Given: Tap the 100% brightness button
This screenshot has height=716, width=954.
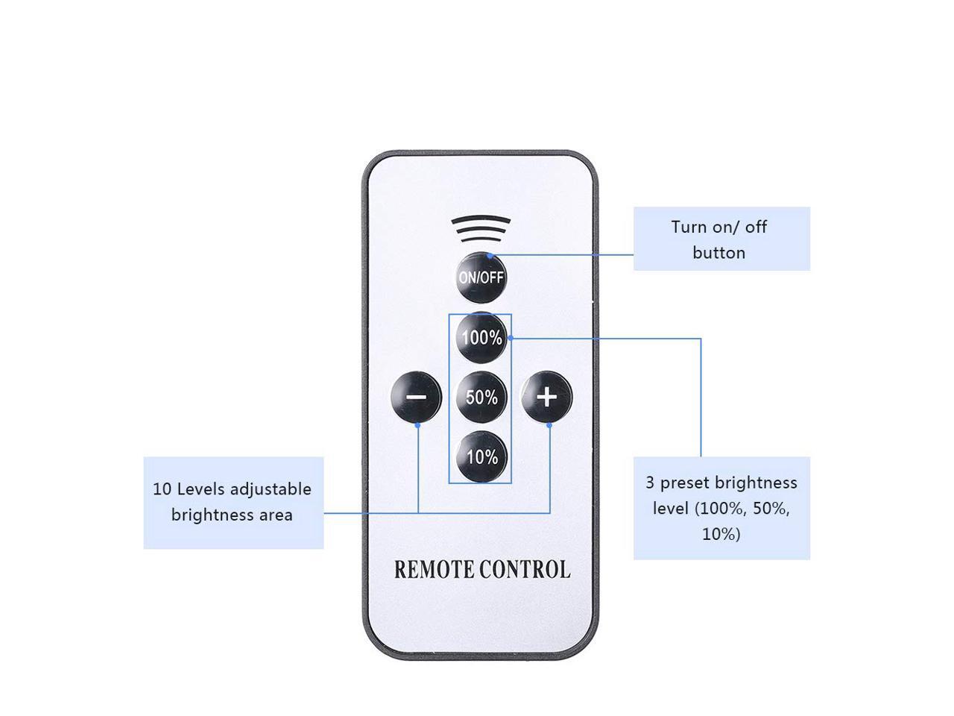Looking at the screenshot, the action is (x=481, y=338).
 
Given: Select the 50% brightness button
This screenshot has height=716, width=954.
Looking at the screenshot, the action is (x=481, y=397).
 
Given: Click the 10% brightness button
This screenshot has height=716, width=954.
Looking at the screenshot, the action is (x=481, y=456).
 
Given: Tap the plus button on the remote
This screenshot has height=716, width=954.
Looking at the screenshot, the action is (x=547, y=396).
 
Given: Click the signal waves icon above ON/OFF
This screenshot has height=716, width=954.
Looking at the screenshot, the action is (x=481, y=229).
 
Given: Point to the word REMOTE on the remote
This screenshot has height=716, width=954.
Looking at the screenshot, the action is (x=434, y=570).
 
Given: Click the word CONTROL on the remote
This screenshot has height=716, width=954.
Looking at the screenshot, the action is (x=525, y=570).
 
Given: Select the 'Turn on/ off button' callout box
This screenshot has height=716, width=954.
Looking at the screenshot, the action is (x=721, y=239).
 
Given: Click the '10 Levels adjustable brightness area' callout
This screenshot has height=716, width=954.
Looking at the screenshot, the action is (x=233, y=503).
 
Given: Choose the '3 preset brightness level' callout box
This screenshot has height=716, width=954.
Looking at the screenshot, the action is (x=721, y=508).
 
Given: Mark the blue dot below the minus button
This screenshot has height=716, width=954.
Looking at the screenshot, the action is (x=417, y=425).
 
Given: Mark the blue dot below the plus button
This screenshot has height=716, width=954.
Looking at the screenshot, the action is (x=549, y=425).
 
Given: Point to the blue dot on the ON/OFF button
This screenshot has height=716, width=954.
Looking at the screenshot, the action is (x=489, y=256).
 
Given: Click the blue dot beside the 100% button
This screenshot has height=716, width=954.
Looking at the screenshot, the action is (x=511, y=338).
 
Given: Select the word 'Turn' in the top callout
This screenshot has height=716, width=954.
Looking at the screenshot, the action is (x=688, y=227).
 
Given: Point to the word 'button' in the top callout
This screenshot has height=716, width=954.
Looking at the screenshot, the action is (x=718, y=252).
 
